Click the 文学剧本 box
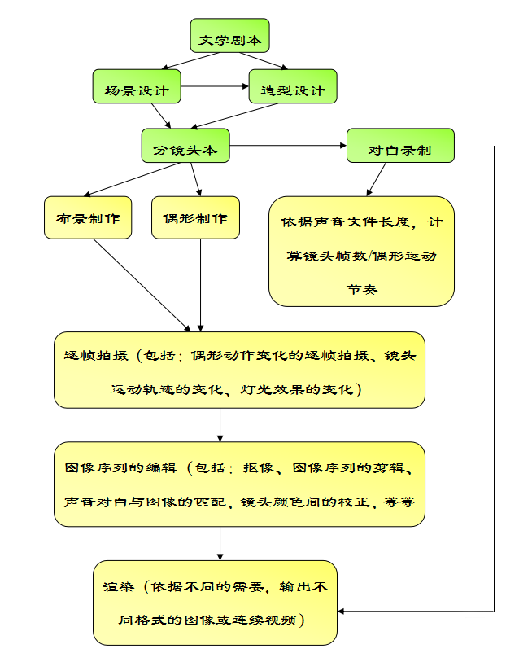tap(229, 36)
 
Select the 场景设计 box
tap(137, 86)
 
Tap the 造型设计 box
tap(293, 86)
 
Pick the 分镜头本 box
tap(185, 146)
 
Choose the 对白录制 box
tap(400, 146)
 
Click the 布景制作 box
tap(88, 217)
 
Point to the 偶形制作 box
tap(196, 217)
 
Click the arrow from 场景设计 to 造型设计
tap(215, 86)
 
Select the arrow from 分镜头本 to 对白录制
tap(288, 146)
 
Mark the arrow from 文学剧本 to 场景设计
tap(190, 61)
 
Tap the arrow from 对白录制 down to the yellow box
tap(376, 179)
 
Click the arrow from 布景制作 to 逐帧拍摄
tap(142, 286)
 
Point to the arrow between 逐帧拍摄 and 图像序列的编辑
tap(220, 425)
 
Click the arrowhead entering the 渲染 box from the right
tap(341, 611)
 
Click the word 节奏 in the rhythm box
tap(362, 290)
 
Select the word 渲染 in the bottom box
tap(119, 587)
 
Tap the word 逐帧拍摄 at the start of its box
tap(96, 356)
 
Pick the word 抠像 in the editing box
tap(258, 467)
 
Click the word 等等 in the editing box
tap(399, 502)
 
